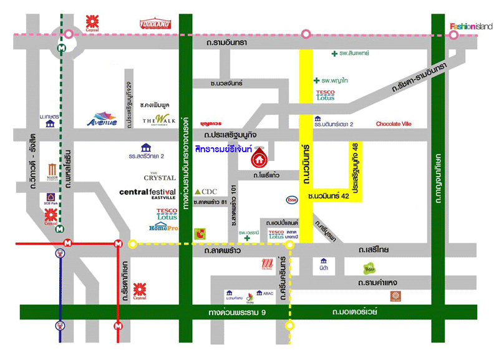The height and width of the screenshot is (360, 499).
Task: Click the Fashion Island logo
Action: (471, 26)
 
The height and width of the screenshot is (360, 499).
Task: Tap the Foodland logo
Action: (155, 24)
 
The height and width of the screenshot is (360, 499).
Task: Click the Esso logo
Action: (291, 200)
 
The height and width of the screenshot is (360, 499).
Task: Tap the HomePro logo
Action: (164, 228)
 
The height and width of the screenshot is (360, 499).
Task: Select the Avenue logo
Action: (101, 119)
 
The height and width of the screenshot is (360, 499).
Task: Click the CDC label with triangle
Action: (205, 191)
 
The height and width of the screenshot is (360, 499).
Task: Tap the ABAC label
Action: (268, 292)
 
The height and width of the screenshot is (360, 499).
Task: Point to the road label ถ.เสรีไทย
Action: (374, 250)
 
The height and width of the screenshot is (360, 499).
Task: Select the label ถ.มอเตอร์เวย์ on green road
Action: (355, 311)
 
